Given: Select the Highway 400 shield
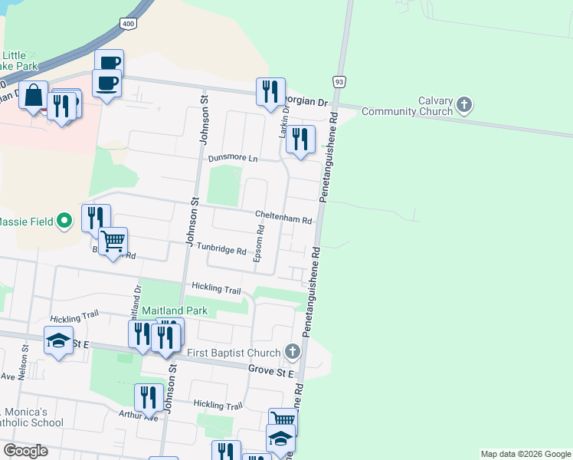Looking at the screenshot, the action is (128, 25).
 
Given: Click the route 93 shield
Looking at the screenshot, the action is (338, 80).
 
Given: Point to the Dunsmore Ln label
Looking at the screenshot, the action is (233, 158).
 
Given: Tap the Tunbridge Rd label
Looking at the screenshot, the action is (221, 251).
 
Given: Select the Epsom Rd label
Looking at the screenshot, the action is (260, 243).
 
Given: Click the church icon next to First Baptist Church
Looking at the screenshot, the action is (291, 352).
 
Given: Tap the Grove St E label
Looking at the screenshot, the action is (271, 372).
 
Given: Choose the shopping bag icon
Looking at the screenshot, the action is (34, 96).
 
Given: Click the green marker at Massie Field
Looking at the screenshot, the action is (65, 222).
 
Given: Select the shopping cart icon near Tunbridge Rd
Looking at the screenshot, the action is (113, 242).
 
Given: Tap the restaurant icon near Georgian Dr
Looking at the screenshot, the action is (270, 92).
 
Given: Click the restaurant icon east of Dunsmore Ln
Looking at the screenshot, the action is (300, 140).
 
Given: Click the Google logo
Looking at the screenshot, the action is (25, 451).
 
